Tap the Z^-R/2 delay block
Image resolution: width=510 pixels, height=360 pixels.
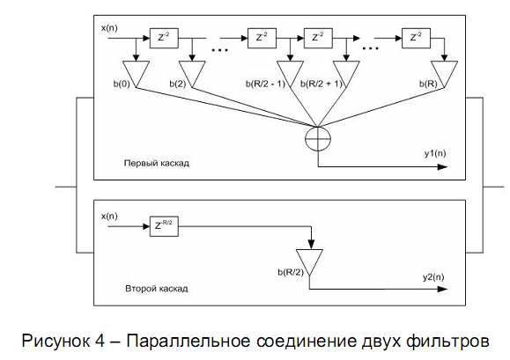click(x=164, y=226)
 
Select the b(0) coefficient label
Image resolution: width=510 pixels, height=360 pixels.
click(x=122, y=84)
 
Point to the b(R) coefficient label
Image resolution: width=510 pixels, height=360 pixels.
click(x=428, y=84)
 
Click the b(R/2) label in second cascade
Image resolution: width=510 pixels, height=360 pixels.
click(x=291, y=272)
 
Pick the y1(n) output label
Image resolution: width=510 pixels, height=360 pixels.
click(x=435, y=153)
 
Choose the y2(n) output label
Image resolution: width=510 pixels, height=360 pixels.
click(x=433, y=277)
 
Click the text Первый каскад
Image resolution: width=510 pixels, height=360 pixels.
click(x=157, y=163)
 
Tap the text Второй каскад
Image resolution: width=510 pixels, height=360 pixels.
click(x=157, y=289)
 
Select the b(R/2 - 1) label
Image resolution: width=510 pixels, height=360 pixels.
click(x=265, y=84)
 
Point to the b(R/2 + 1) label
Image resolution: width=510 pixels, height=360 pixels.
click(x=322, y=84)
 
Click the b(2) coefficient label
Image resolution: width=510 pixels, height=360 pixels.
click(x=178, y=84)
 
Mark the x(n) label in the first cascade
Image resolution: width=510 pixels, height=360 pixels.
click(x=109, y=28)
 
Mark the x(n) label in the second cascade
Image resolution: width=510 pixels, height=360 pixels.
click(x=109, y=216)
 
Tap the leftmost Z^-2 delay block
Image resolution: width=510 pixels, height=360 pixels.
click(x=164, y=38)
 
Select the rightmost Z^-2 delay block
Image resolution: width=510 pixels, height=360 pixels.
click(x=416, y=38)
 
